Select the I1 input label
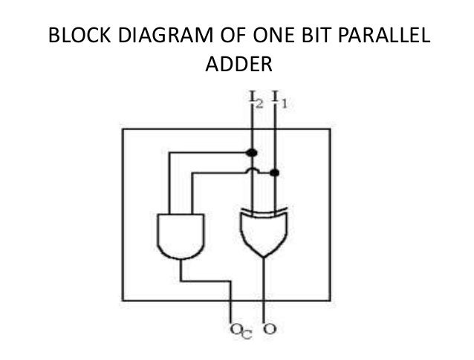click(x=279, y=98)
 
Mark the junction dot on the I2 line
click(x=252, y=152)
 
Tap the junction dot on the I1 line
click(x=275, y=173)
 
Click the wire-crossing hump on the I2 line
click(x=252, y=173)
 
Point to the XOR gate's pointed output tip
click(x=264, y=257)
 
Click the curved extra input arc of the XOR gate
click(x=264, y=211)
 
